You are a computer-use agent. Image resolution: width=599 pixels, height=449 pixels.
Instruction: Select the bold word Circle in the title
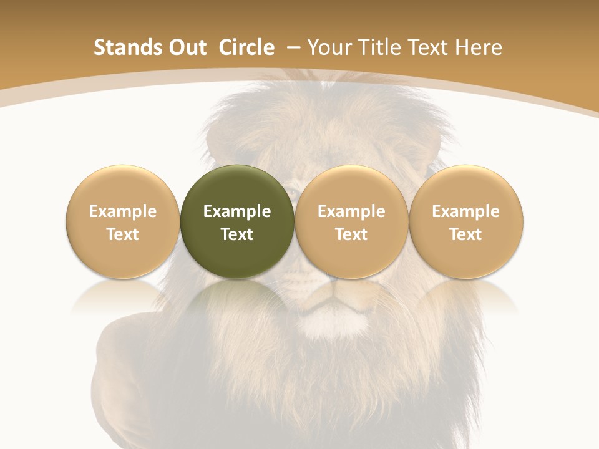coord(246,47)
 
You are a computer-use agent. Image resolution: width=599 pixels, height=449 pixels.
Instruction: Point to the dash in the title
coord(293,48)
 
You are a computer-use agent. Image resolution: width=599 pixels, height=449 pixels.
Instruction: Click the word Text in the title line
coord(430,47)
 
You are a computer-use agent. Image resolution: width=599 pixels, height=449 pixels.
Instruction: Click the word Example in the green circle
coord(237,211)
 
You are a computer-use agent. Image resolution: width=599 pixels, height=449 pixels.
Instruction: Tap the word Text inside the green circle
coord(237,234)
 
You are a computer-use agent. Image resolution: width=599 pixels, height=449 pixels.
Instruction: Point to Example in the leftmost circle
coord(123,211)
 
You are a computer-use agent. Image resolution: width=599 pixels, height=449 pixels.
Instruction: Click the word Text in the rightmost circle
coord(466,234)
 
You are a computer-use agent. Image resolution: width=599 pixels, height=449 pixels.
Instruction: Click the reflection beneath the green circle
coord(237,296)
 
